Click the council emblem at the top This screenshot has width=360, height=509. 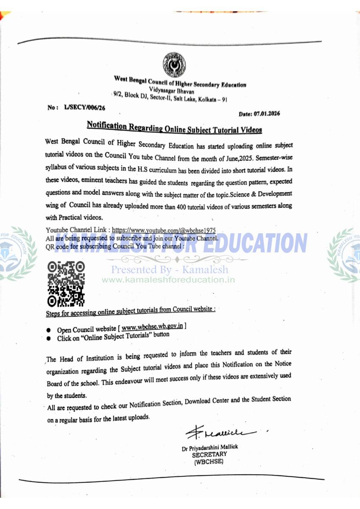click(x=174, y=64)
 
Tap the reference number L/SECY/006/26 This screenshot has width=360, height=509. click(x=84, y=108)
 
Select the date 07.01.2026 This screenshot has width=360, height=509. click(x=266, y=114)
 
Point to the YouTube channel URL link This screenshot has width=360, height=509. click(x=164, y=231)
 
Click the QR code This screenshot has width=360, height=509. click(x=66, y=284)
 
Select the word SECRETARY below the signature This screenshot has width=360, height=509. click(x=209, y=454)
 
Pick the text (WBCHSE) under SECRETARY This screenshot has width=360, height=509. click(x=209, y=461)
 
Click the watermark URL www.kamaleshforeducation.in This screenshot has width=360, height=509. click(x=168, y=280)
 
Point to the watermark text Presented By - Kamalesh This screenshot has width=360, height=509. click(x=170, y=269)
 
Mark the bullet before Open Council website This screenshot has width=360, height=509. click(x=49, y=330)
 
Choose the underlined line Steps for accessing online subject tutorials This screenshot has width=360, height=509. click(x=131, y=311)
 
